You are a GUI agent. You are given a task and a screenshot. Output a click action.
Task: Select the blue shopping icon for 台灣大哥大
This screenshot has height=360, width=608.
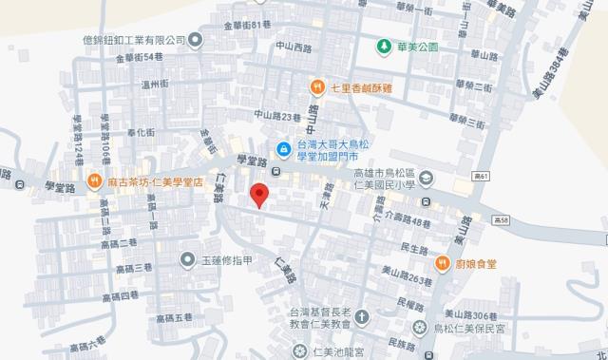point(283,148)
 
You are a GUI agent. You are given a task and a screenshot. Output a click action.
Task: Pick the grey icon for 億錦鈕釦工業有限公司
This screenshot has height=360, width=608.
point(195,39)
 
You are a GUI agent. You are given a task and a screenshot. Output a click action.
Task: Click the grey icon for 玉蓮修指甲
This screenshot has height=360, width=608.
point(188,257)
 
